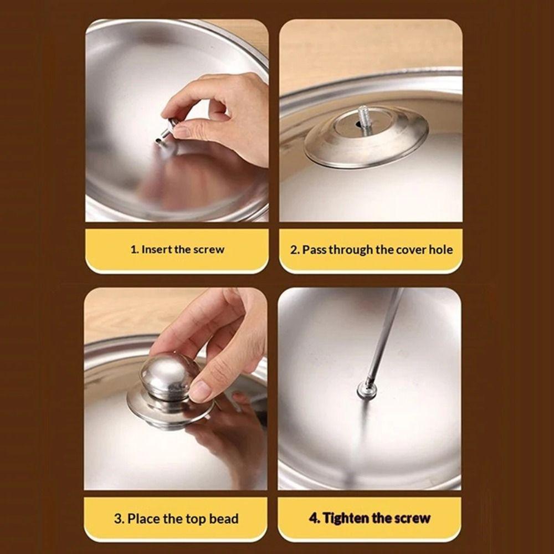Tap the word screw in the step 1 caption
(208, 249)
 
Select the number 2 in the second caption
(294, 250)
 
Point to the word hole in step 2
(441, 250)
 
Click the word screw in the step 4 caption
(412, 519)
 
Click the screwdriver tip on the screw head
(368, 383)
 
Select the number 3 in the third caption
(118, 519)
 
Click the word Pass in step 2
(314, 250)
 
